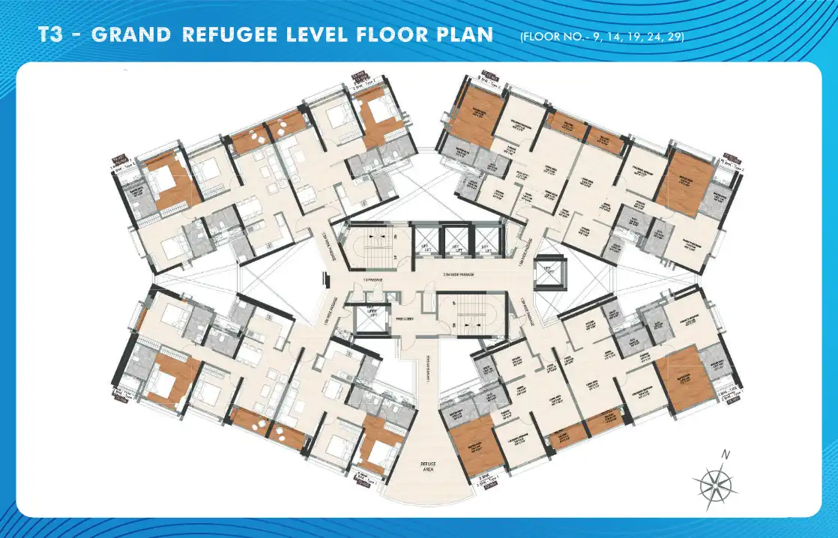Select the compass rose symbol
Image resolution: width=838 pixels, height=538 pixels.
[x=718, y=483]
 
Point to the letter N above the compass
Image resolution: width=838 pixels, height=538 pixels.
[x=725, y=454]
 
